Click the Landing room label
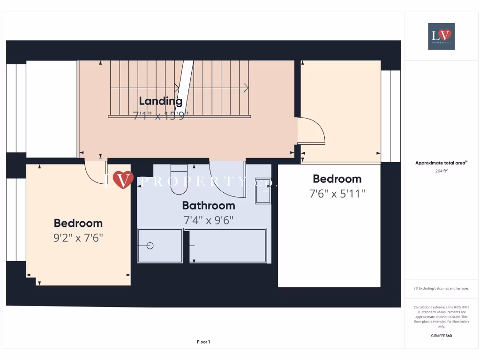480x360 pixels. [160, 101]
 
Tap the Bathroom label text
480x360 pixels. [208, 205]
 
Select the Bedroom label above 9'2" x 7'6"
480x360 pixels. [78, 223]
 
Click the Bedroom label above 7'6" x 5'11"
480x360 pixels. [337, 179]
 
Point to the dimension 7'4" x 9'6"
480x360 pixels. [208, 220]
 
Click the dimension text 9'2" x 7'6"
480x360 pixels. [78, 238]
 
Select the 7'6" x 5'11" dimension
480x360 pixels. [337, 193]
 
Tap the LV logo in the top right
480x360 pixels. [441, 36]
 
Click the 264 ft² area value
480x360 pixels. [441, 171]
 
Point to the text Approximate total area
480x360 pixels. [440, 163]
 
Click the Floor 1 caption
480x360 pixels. [203, 342]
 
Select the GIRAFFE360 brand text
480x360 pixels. [441, 336]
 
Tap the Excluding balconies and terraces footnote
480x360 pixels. [441, 289]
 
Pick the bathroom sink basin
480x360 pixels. [263, 190]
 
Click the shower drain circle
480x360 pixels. [150, 246]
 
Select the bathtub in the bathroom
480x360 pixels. [228, 245]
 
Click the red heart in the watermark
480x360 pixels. [122, 180]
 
